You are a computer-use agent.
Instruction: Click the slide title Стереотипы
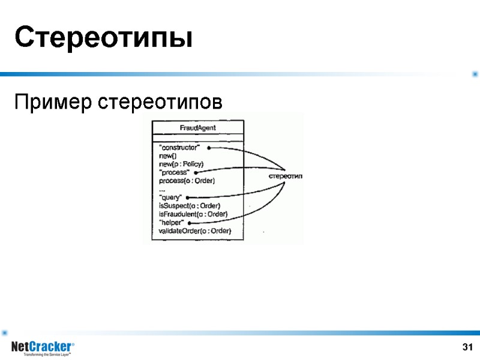click(103, 38)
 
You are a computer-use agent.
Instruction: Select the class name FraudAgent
click(198, 128)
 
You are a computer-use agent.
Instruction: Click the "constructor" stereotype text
click(179, 148)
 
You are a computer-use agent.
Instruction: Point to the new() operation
click(167, 156)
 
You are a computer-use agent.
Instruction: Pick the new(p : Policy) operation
click(182, 164)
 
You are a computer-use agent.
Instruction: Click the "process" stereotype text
click(174, 173)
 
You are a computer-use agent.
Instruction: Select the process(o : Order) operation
click(187, 181)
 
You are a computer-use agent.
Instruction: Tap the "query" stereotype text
click(170, 197)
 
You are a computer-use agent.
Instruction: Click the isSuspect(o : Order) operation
click(185, 206)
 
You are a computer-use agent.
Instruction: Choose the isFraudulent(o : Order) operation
click(193, 214)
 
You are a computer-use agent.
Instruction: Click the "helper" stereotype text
click(171, 223)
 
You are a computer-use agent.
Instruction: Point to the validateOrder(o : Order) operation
click(194, 231)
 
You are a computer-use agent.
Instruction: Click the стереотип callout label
click(285, 176)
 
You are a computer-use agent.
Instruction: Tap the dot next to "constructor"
click(208, 148)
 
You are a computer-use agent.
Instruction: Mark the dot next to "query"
click(188, 197)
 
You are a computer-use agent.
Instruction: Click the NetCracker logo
click(43, 348)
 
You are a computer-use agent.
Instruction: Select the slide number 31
click(468, 347)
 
